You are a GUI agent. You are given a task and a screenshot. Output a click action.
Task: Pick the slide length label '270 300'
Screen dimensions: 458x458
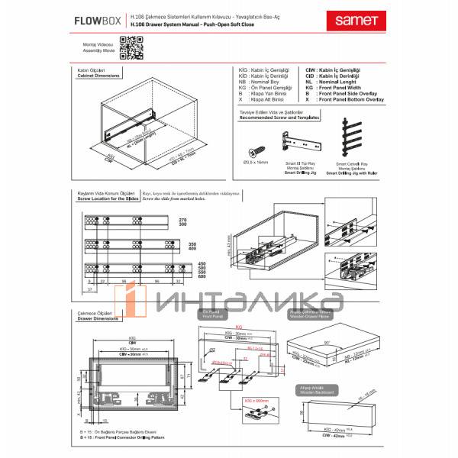click(204, 223)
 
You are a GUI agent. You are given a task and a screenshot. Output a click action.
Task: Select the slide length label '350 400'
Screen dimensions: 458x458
click(204, 247)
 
